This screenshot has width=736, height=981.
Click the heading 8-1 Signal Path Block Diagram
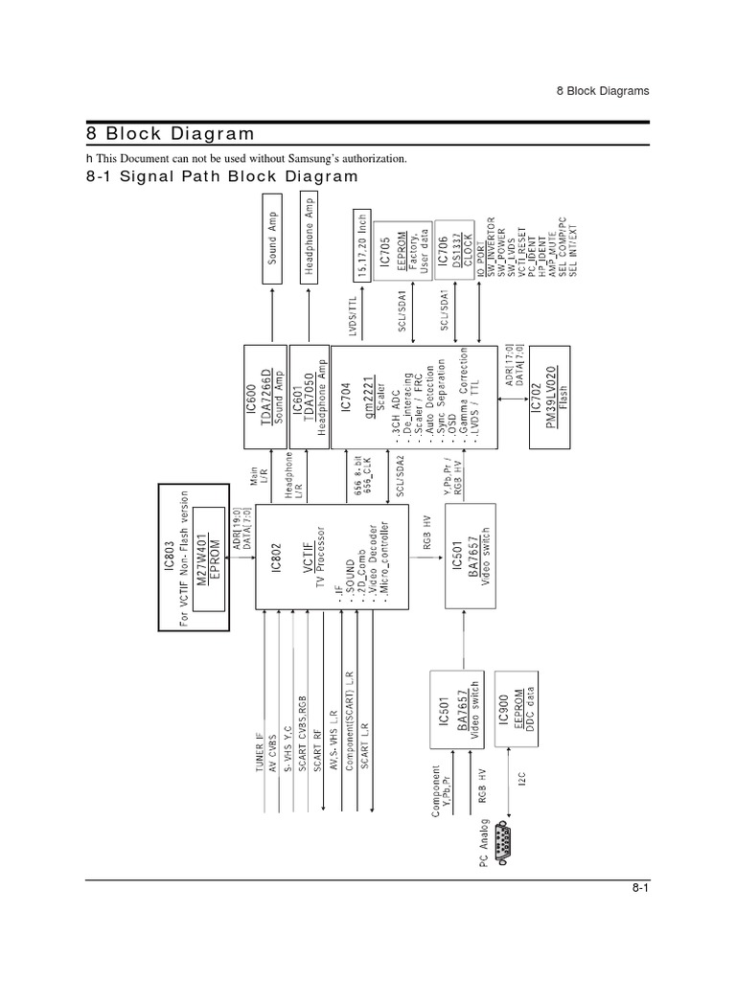pyautogui.click(x=221, y=176)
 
